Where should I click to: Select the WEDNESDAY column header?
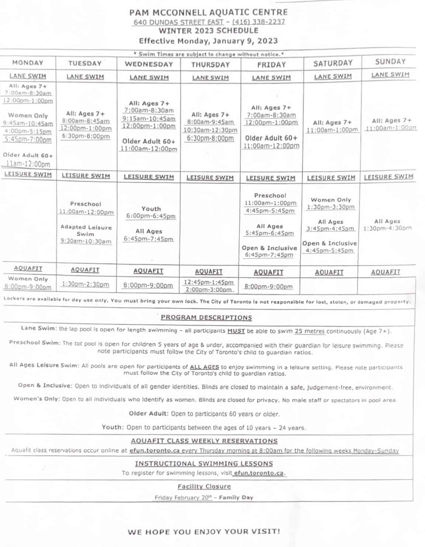[x=149, y=64]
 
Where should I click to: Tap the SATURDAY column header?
[x=333, y=63]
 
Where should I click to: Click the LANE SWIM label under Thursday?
[x=210, y=78]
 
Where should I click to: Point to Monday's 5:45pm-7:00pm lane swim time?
[x=28, y=140]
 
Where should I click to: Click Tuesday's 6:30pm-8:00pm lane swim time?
[x=86, y=136]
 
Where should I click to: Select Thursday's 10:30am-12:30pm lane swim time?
[x=210, y=130]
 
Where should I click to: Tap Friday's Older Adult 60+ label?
[x=271, y=138]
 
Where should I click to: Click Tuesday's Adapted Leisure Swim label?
[x=86, y=230]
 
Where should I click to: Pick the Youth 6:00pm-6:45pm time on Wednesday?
[x=151, y=216]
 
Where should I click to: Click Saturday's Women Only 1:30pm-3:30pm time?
[x=331, y=207]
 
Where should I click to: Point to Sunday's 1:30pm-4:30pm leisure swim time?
[x=387, y=228]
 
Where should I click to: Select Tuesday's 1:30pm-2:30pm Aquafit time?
[x=85, y=284]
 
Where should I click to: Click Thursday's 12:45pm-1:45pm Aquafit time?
[x=209, y=282]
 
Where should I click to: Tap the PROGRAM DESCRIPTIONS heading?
[x=206, y=318]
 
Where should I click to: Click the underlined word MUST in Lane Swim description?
[x=236, y=331]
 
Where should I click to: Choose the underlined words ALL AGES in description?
[x=204, y=367]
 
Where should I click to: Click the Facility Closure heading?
[x=204, y=486]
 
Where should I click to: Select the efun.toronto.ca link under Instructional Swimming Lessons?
[x=259, y=473]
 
